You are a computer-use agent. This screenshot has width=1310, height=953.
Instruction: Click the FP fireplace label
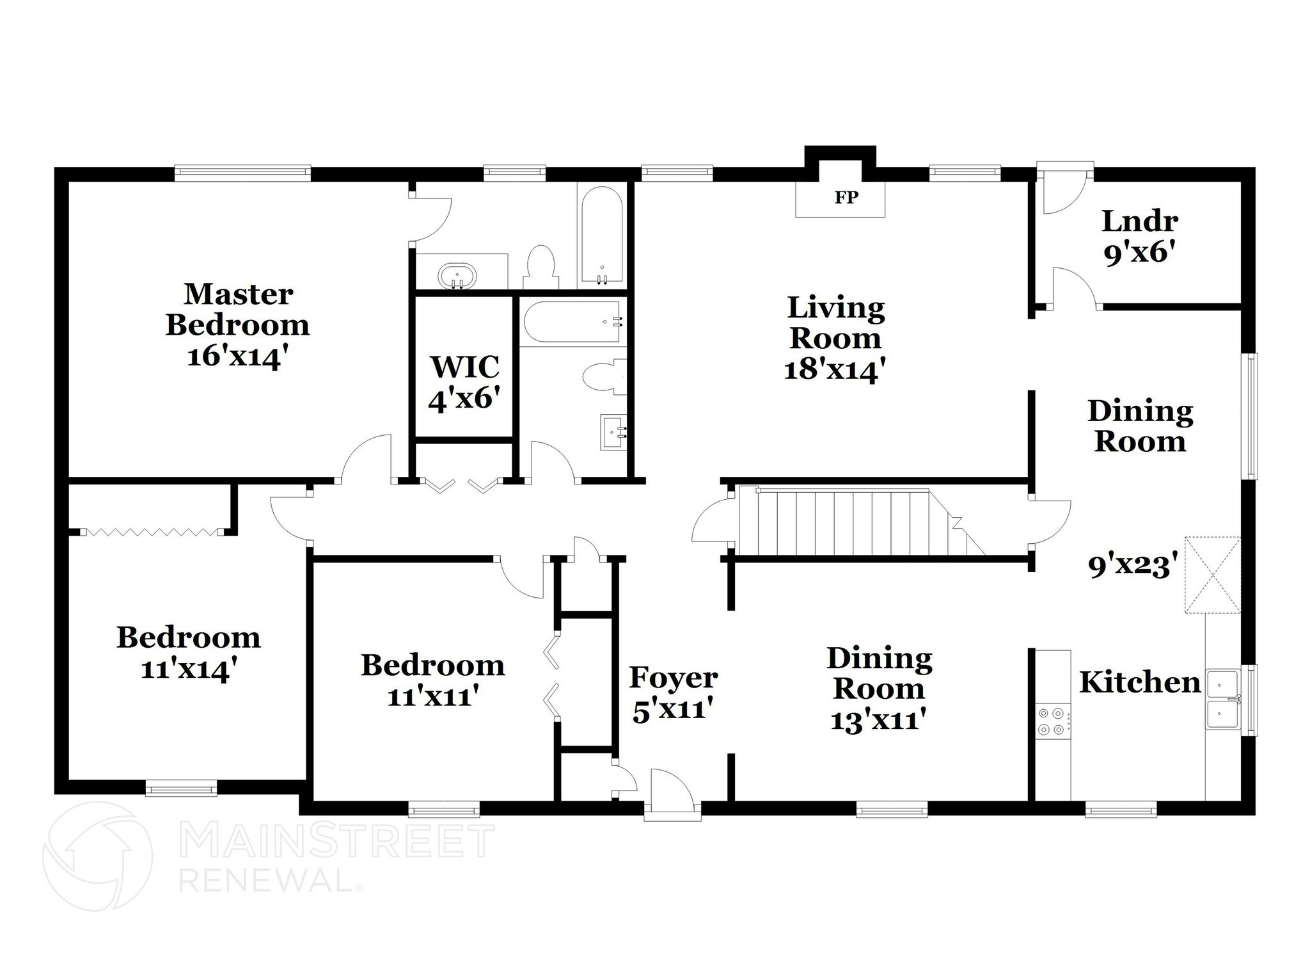[x=846, y=198]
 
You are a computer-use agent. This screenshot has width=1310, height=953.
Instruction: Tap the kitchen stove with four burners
[x=1052, y=721]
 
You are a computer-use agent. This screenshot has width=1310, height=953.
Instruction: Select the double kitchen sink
[x=1223, y=700]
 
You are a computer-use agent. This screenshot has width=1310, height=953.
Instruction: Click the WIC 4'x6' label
[x=464, y=383]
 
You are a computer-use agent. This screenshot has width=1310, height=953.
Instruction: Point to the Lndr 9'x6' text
[x=1140, y=237]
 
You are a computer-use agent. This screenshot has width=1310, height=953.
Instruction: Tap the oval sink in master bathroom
[x=457, y=277]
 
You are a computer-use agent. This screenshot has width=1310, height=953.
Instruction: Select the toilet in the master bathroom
[x=541, y=267]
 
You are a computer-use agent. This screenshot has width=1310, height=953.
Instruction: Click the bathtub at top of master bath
[x=601, y=236]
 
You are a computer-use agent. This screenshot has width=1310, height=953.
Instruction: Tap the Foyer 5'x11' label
[x=673, y=694]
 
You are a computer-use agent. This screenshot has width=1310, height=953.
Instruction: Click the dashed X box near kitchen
[x=1212, y=575]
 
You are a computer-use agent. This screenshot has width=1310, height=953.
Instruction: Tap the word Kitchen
[x=1139, y=682]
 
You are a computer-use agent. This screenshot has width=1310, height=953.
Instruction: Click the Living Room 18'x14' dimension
[x=835, y=370]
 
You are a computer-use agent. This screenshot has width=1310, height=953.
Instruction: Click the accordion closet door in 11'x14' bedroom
[x=151, y=531]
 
